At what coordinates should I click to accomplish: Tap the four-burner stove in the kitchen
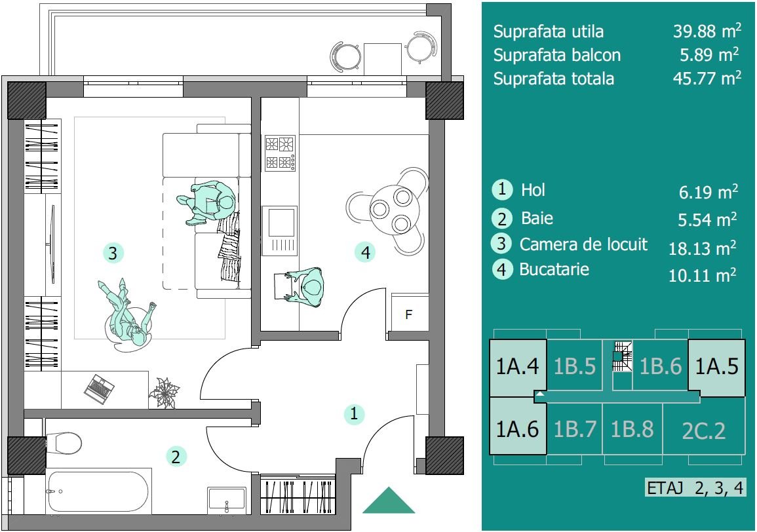pos(279,153)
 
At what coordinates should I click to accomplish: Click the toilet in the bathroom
pos(63,443)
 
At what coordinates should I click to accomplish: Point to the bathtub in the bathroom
pos(98,491)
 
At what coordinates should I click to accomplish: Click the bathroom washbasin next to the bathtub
pos(226,501)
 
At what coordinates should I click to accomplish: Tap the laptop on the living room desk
pos(99,389)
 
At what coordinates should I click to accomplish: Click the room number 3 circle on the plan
pos(113,253)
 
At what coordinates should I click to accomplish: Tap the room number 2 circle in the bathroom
pos(176,456)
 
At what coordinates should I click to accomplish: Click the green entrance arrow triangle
pos(389,500)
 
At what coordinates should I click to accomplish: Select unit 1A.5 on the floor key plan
pos(716,368)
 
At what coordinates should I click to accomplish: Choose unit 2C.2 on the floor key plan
pos(704,430)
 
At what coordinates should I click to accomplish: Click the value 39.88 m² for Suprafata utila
pos(707,31)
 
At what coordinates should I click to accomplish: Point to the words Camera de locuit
pos(583,244)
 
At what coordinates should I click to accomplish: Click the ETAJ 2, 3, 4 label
pos(695,487)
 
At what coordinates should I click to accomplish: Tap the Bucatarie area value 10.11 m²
pos(702,275)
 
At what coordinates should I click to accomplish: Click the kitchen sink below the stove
pos(279,231)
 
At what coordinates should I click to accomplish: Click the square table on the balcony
pos(382,60)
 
